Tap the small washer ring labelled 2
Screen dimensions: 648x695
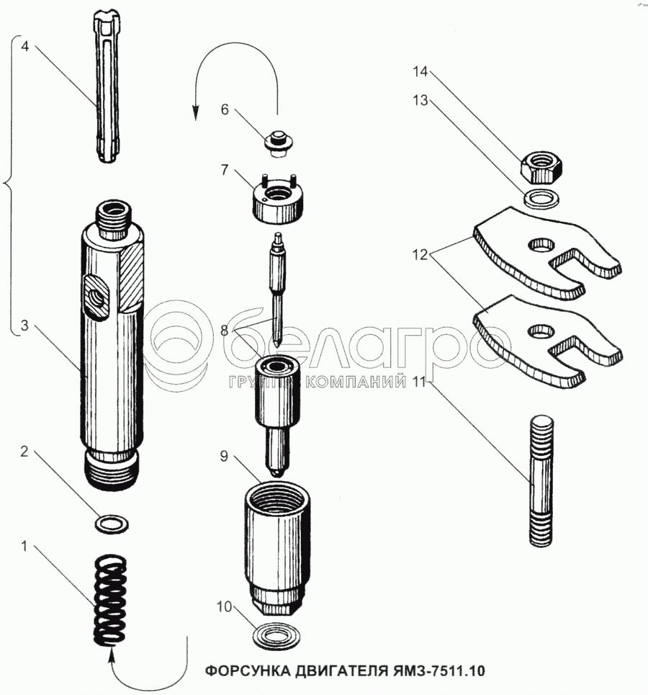coord(111,522)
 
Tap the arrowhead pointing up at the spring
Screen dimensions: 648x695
coord(112,654)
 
